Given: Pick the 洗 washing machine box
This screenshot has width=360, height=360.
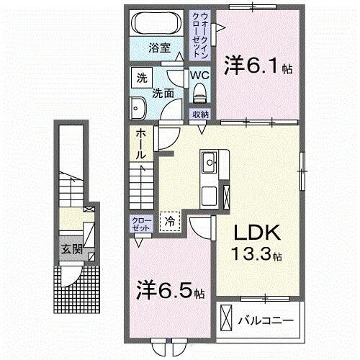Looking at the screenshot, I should coord(140,78).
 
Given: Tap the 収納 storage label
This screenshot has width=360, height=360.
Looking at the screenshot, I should coord(199,114).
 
